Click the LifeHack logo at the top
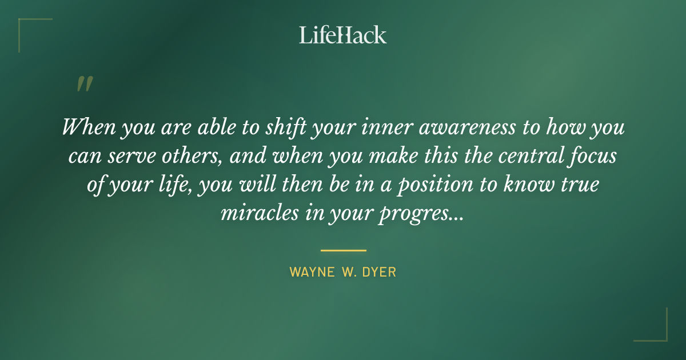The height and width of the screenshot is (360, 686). [x=342, y=35]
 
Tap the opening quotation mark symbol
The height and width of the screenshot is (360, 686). [x=84, y=84]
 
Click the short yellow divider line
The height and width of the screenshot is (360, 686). [x=343, y=250]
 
